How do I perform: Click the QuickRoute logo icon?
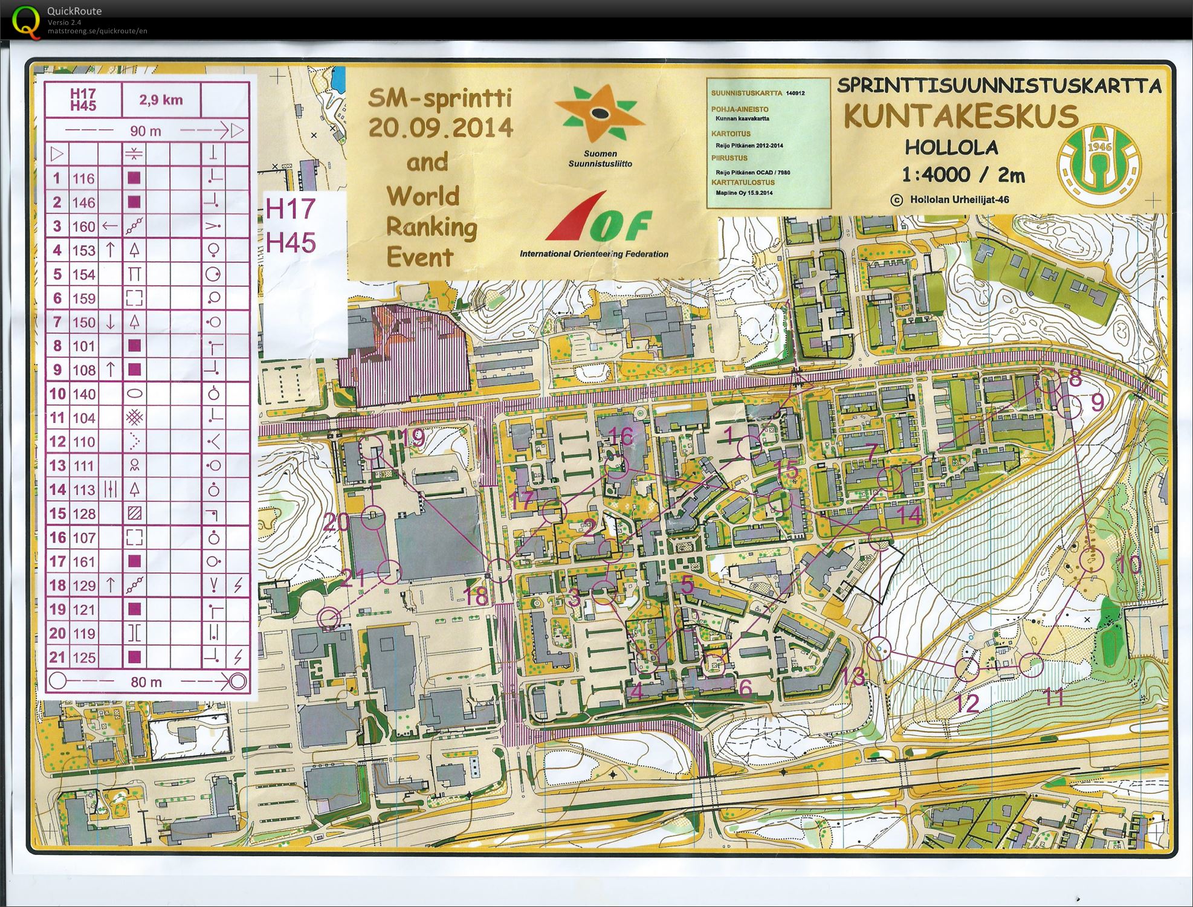click(x=26, y=22)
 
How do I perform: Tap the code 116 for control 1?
click(x=83, y=178)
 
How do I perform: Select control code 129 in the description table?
click(x=83, y=586)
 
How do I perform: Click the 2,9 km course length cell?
click(x=161, y=100)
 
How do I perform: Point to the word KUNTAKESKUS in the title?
click(x=960, y=116)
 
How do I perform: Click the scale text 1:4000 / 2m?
click(x=963, y=175)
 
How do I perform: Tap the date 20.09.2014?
click(x=441, y=127)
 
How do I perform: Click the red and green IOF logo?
click(x=598, y=219)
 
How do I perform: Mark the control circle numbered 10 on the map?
click(x=1091, y=560)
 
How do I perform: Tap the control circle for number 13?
click(x=879, y=648)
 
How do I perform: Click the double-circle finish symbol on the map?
click(x=329, y=618)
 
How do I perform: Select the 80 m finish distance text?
click(x=146, y=682)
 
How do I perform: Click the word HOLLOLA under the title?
click(x=951, y=147)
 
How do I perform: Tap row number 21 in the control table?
click(x=57, y=657)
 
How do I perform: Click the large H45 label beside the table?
click(x=291, y=242)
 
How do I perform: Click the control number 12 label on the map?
click(x=967, y=703)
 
